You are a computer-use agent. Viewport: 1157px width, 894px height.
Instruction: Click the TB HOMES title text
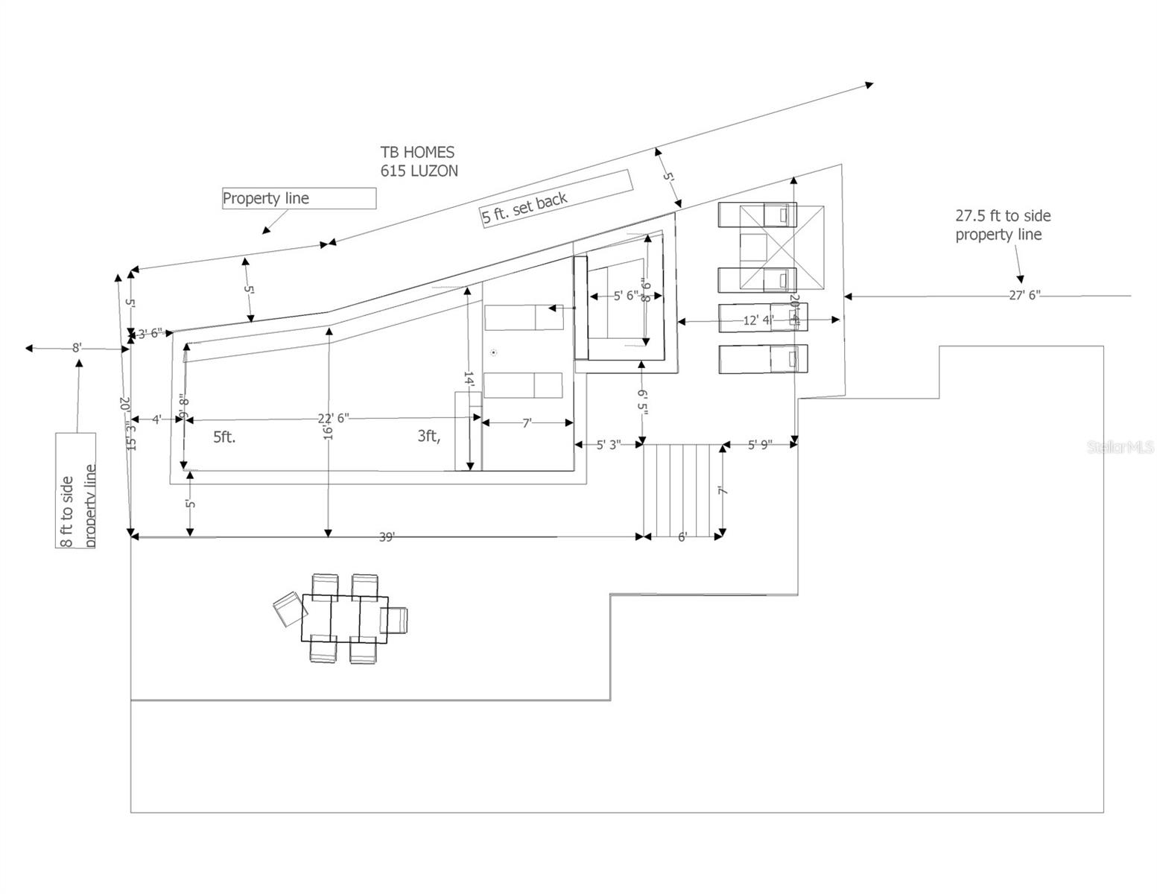point(417,153)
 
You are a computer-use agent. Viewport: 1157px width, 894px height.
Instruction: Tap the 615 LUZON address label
point(419,171)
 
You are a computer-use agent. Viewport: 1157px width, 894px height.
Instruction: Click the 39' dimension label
point(386,537)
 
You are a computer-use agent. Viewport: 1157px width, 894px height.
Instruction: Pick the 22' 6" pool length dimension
point(333,418)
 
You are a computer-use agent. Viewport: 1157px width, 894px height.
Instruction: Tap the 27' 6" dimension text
point(1024,295)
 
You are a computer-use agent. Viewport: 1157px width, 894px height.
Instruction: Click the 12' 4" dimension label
point(758,320)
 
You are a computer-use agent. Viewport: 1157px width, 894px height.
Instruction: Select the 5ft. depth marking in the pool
point(224,437)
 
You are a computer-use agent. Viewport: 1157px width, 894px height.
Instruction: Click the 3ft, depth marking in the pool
point(428,437)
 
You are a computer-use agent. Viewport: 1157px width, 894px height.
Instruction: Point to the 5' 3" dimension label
point(608,445)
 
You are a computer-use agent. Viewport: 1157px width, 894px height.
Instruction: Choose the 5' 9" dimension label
point(760,445)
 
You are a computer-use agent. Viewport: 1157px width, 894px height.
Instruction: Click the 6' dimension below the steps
point(682,537)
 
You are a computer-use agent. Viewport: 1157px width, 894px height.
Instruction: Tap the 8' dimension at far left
point(77,347)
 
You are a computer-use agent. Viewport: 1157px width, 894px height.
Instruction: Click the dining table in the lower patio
point(345,618)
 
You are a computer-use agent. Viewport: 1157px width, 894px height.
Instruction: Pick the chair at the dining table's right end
point(395,620)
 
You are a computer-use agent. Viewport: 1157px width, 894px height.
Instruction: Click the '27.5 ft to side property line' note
point(1003,225)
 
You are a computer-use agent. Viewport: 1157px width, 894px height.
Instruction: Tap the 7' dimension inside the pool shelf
point(527,423)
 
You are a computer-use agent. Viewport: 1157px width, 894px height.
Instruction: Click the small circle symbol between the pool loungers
point(493,352)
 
